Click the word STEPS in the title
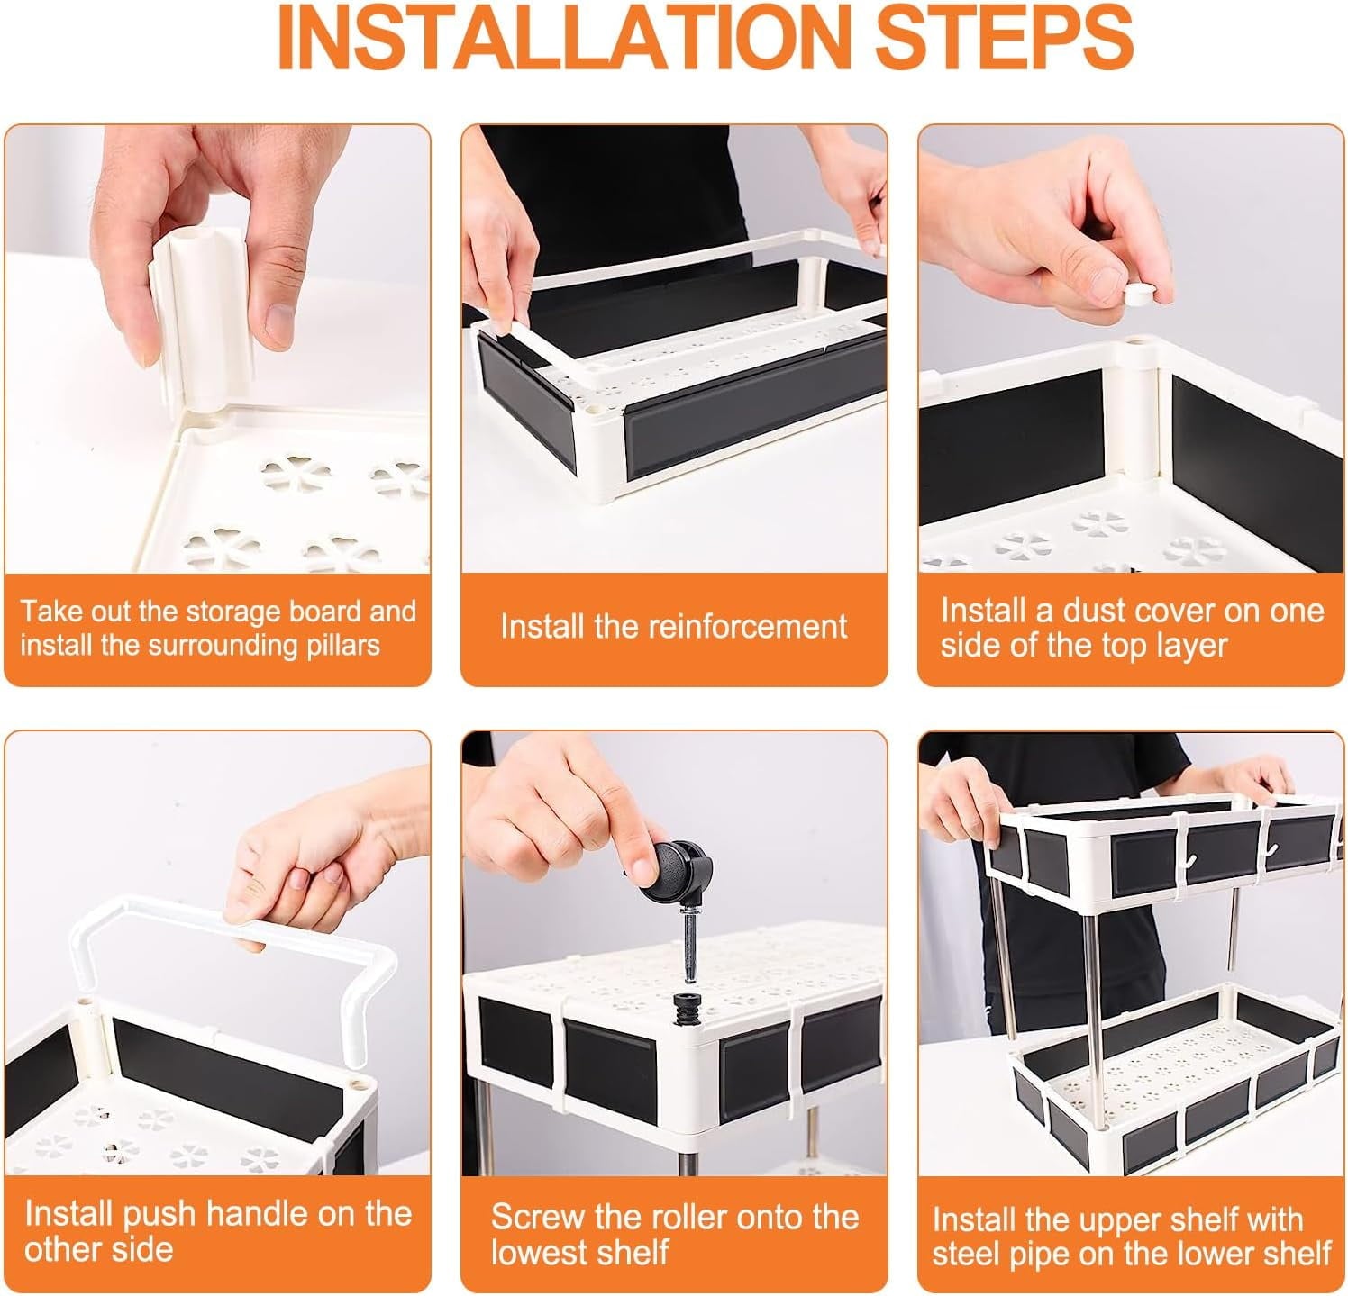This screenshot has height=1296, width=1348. pos(1004,38)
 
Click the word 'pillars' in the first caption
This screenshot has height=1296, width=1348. pos(340,646)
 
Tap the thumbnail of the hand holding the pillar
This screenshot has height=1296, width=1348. pos(217,349)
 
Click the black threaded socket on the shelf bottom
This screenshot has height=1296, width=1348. pos(687,1006)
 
